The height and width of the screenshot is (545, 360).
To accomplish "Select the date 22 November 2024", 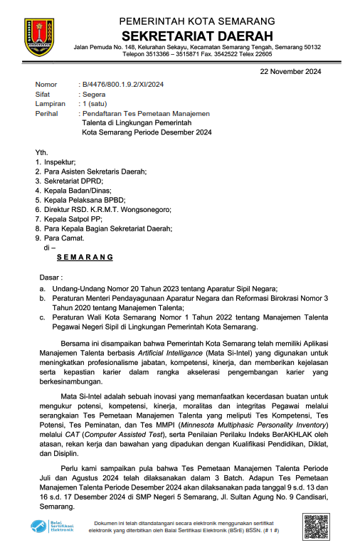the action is coord(290,71).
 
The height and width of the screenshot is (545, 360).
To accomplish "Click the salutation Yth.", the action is coord(42,153).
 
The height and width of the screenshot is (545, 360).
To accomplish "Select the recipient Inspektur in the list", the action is coord(60,162).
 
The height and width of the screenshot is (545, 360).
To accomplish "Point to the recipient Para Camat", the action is coord(65,238).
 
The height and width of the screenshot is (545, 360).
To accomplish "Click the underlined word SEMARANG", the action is coord(85,258).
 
